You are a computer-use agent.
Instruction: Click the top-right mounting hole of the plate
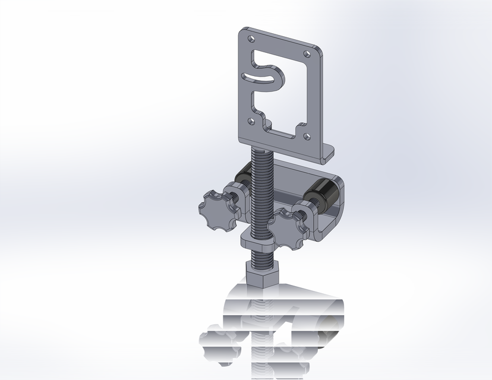click(308, 55)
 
